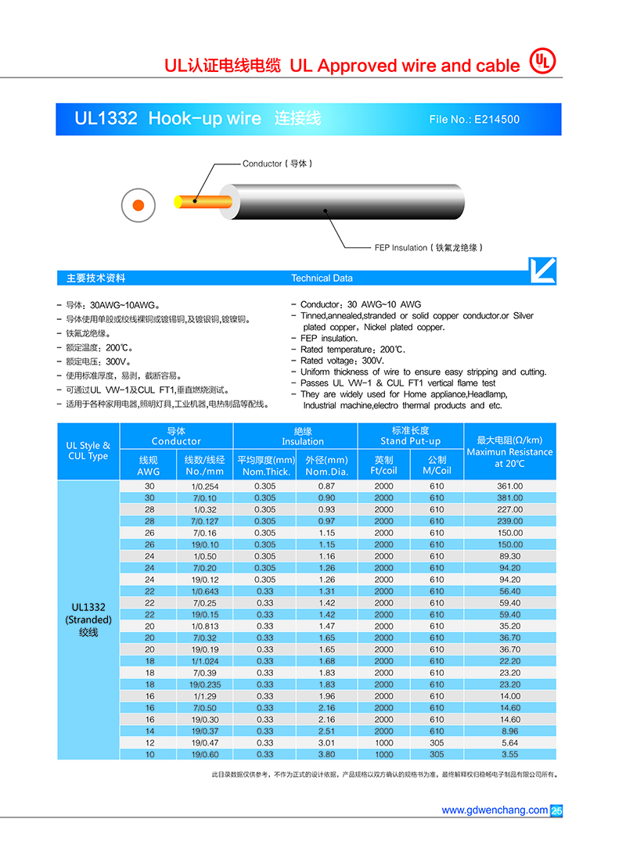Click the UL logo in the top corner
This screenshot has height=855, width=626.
click(541, 62)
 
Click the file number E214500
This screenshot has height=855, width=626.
click(474, 120)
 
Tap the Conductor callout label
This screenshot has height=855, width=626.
click(278, 163)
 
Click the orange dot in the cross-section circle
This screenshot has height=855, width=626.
click(138, 205)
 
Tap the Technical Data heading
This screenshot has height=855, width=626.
click(322, 278)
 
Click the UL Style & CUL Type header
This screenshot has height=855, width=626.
click(88, 451)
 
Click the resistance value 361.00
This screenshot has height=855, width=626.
click(509, 487)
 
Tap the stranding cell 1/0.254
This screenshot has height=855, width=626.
click(205, 487)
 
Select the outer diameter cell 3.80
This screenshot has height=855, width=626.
click(326, 755)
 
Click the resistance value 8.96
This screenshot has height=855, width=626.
click(509, 731)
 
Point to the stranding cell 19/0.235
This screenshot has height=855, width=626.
click(205, 684)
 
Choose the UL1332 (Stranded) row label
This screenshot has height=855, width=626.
click(88, 619)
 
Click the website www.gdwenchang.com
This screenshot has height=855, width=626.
click(495, 810)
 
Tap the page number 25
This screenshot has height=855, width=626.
click(556, 811)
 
